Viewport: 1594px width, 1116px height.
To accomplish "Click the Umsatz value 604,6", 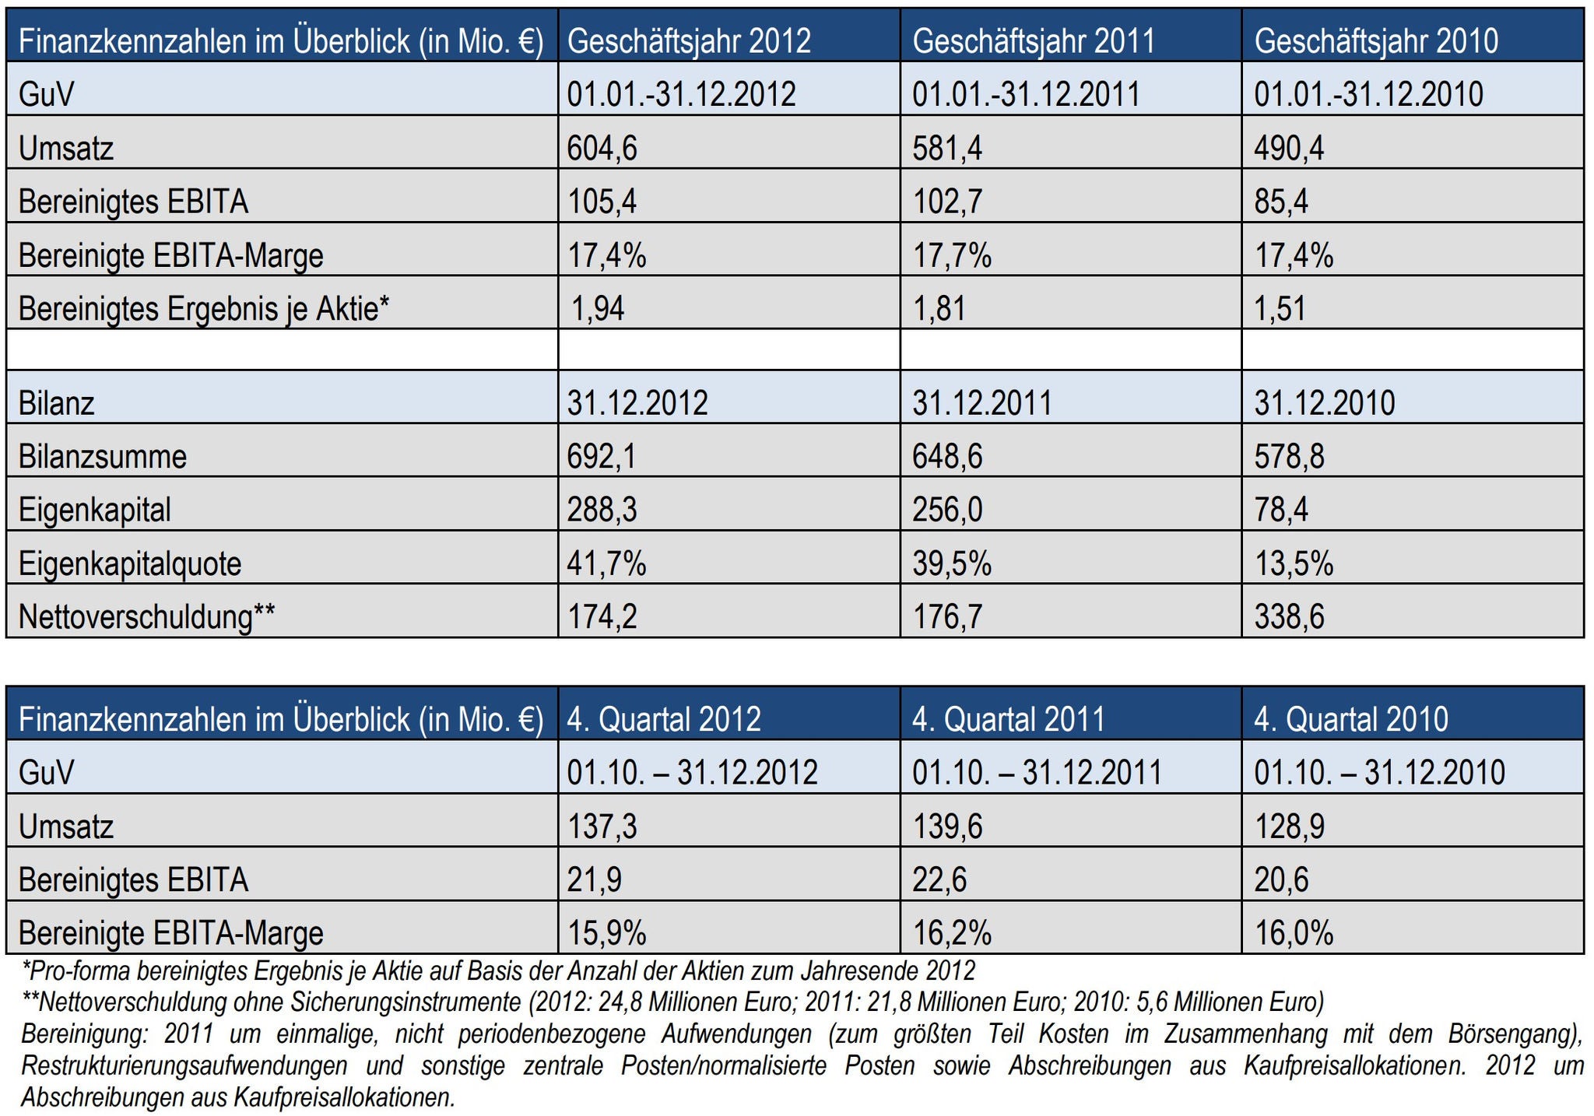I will pyautogui.click(x=602, y=148).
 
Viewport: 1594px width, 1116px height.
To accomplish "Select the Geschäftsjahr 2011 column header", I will pyautogui.click(x=1034, y=41).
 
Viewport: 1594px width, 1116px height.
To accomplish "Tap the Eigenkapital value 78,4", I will pyautogui.click(x=1281, y=511).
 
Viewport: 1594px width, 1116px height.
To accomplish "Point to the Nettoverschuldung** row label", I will pyautogui.click(x=146, y=617).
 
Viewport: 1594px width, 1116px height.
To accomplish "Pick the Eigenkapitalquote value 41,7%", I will pyautogui.click(x=606, y=563).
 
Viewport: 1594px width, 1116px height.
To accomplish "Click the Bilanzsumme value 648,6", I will pyautogui.click(x=947, y=457).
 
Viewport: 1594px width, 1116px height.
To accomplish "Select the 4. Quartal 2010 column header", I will pyautogui.click(x=1350, y=719).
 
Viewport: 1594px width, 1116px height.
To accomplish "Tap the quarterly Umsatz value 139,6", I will pyautogui.click(x=947, y=826).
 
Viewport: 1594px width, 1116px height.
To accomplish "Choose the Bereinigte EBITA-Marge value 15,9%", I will pyautogui.click(x=606, y=933).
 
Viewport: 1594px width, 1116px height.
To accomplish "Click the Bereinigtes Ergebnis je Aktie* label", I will pyautogui.click(x=203, y=309).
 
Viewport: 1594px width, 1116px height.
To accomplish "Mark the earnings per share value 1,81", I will pyautogui.click(x=939, y=309).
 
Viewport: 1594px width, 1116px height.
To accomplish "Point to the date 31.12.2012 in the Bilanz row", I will pyautogui.click(x=637, y=404).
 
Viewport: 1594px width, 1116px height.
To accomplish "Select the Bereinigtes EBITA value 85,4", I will pyautogui.click(x=1281, y=202).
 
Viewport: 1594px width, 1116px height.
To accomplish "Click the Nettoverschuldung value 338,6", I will pyautogui.click(x=1290, y=617).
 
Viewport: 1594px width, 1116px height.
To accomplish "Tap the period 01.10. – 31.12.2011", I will pyautogui.click(x=1037, y=773).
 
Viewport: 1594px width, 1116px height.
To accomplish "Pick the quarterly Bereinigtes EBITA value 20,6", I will pyautogui.click(x=1281, y=880).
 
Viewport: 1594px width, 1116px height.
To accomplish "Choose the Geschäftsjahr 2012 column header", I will pyautogui.click(x=689, y=41).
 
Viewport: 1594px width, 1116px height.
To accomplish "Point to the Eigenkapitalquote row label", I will pyautogui.click(x=130, y=563).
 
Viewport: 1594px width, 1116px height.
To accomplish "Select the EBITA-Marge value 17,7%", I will pyautogui.click(x=952, y=256).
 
